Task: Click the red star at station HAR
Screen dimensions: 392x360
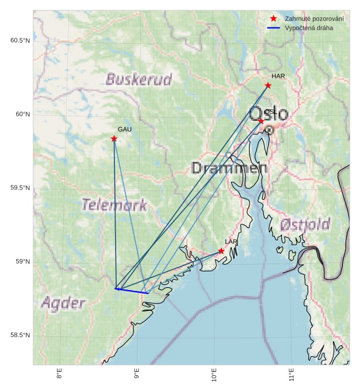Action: (x=268, y=86)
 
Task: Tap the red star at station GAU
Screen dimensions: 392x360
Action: (x=114, y=139)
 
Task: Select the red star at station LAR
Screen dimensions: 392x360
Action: (x=221, y=251)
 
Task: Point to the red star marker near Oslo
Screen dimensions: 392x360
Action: (x=261, y=121)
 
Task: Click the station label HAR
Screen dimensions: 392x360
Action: (x=278, y=76)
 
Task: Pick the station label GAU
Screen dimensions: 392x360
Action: (x=125, y=130)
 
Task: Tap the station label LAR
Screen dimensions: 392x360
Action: (x=231, y=242)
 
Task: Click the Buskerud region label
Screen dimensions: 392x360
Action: (x=139, y=79)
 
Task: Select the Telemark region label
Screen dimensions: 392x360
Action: (x=114, y=205)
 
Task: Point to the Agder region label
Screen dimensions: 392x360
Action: (x=63, y=303)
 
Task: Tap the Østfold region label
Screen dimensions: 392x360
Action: (x=305, y=224)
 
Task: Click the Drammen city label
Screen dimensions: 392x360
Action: (x=229, y=168)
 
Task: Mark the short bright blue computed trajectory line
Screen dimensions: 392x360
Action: (x=132, y=291)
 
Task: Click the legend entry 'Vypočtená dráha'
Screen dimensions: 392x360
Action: (x=308, y=28)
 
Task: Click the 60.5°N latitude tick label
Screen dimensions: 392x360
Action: (x=20, y=40)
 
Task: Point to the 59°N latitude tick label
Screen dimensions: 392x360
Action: (x=22, y=262)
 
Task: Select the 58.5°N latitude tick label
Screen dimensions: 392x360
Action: (x=20, y=336)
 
